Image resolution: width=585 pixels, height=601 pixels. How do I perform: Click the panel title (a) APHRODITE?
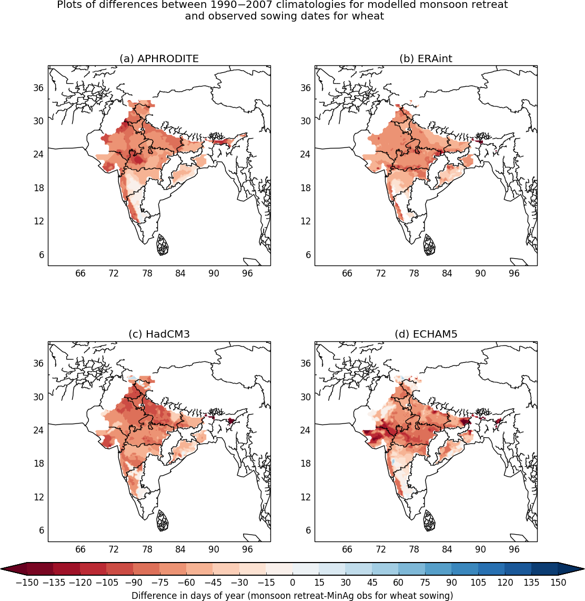159,59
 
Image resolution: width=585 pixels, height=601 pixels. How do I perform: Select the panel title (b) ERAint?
426,59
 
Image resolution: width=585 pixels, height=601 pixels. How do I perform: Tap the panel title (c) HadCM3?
159,334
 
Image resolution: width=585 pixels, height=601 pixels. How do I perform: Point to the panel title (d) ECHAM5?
426,334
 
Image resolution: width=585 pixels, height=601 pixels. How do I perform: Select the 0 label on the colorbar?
292,583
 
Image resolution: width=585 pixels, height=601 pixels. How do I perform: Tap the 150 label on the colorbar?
558,583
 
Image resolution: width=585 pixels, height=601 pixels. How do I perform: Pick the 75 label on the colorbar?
425,583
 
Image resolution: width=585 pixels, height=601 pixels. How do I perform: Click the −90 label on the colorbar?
133,583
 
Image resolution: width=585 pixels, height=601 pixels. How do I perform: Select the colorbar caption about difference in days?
292,596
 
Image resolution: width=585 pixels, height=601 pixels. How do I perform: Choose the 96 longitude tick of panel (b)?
514,273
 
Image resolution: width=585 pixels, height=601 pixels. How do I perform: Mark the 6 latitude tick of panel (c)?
42,530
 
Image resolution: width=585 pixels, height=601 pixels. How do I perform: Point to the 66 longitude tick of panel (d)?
347,549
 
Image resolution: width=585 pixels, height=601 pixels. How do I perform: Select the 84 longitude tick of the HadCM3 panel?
180,549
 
